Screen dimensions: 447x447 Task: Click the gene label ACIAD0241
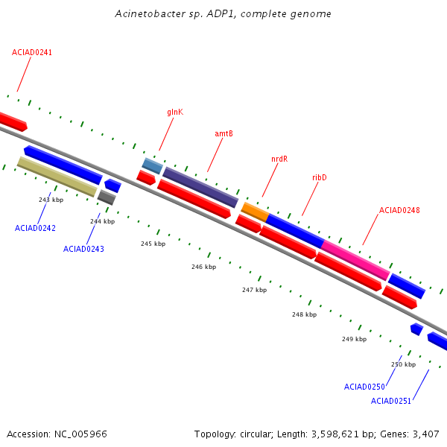point(32,53)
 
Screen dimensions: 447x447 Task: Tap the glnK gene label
point(175,112)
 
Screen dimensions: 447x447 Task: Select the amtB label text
point(223,134)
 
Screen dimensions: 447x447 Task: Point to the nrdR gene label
point(279,159)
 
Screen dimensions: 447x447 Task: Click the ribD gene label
point(320,178)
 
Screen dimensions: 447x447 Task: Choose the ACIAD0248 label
point(399,211)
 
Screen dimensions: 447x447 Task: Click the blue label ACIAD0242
point(35,228)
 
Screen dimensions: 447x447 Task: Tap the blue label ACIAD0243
point(83,249)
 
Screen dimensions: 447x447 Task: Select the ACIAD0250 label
point(364,387)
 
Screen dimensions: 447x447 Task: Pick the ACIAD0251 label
point(391,402)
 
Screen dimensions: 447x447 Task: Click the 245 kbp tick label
point(153,244)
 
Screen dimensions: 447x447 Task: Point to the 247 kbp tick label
point(254,290)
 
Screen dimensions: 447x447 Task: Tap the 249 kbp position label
point(354,339)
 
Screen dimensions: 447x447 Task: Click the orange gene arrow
point(255,212)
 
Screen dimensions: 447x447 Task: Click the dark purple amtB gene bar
point(200,187)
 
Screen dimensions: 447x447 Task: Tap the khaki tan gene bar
point(57,177)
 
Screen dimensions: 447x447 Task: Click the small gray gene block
point(107,197)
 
